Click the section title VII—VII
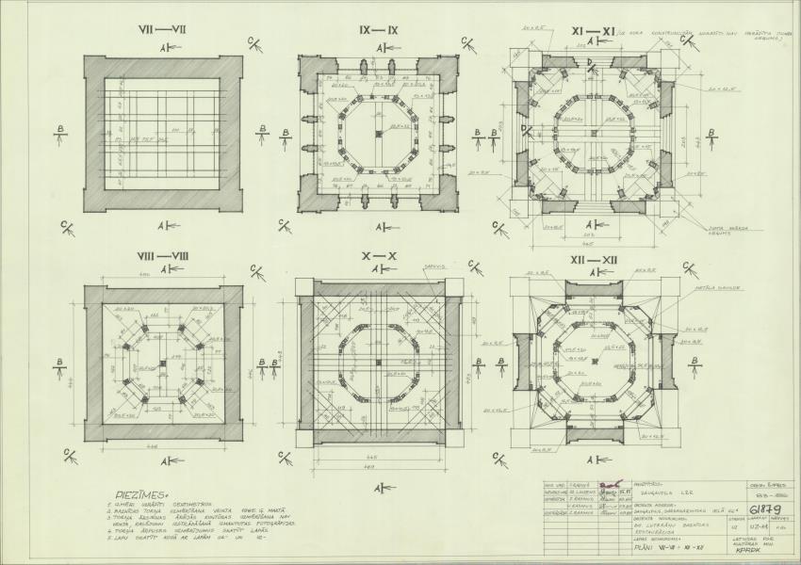[x=162, y=29]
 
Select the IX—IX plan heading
[x=379, y=30]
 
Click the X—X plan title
[x=380, y=256]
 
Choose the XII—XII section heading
[x=597, y=260]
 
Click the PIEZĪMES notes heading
[x=141, y=492]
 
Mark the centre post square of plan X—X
[x=379, y=363]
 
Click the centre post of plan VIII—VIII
[x=163, y=363]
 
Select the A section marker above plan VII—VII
[x=163, y=46]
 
